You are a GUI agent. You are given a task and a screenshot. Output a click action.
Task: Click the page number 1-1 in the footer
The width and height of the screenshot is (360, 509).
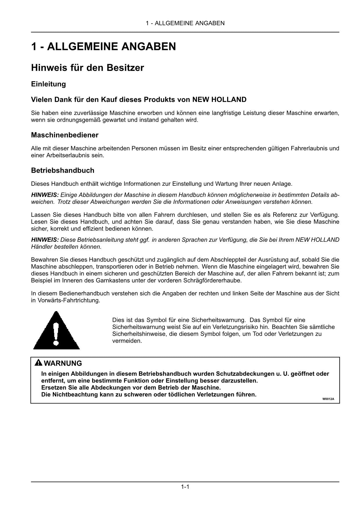click(x=185, y=487)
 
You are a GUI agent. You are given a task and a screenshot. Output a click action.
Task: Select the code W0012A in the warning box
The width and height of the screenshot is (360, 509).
click(x=328, y=399)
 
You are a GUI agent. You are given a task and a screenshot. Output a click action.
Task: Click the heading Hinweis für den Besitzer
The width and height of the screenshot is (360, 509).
click(x=87, y=68)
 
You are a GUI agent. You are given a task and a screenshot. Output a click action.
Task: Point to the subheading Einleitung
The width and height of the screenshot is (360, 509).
click(x=48, y=84)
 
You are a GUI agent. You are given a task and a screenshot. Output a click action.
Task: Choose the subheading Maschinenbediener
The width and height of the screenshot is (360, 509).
click(x=65, y=135)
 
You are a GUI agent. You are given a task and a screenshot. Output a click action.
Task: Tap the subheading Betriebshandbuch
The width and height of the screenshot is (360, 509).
click(x=63, y=170)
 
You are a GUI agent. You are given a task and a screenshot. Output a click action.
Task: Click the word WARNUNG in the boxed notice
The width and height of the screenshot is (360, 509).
click(x=63, y=363)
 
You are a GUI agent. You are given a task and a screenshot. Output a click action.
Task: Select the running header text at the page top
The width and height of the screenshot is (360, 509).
click(x=185, y=23)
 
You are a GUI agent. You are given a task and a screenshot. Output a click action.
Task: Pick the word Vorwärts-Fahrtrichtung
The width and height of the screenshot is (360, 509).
click(x=69, y=300)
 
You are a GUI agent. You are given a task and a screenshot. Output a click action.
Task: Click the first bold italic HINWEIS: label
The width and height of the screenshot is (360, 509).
click(x=45, y=195)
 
